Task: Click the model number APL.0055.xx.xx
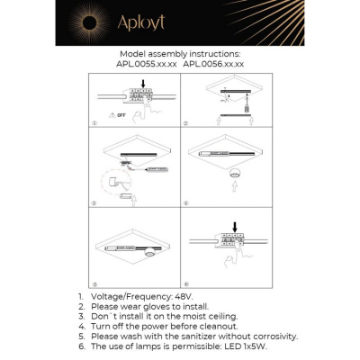pos(146,64)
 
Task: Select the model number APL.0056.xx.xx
pos(212,64)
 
